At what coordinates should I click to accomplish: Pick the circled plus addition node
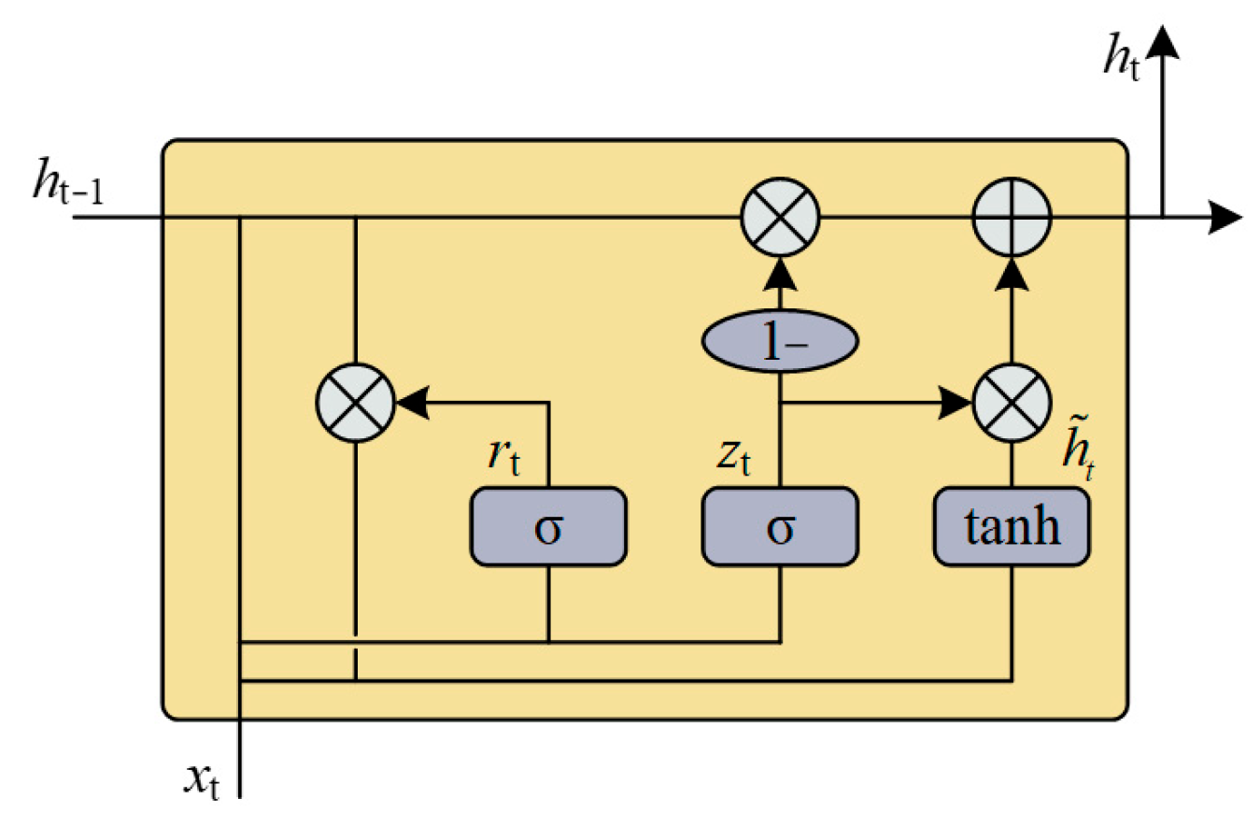click(x=1012, y=219)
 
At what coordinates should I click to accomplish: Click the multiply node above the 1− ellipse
click(x=780, y=219)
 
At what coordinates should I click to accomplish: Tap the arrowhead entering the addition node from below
click(x=1012, y=273)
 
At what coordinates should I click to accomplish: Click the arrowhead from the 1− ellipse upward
click(x=780, y=273)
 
